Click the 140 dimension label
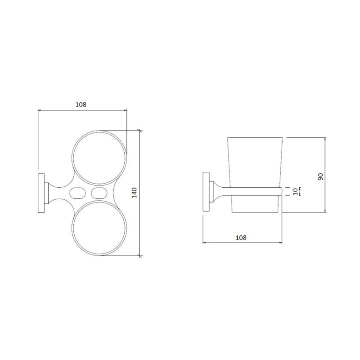[x=134, y=193]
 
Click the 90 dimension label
[x=320, y=176]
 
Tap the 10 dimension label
[x=296, y=192]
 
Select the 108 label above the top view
[x=81, y=105]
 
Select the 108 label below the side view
[x=241, y=238]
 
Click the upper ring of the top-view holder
[x=72, y=158]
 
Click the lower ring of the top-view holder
[x=72, y=227]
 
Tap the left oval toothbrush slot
[x=77, y=193]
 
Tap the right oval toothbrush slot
[x=99, y=193]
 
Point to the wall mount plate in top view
[x=41, y=193]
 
